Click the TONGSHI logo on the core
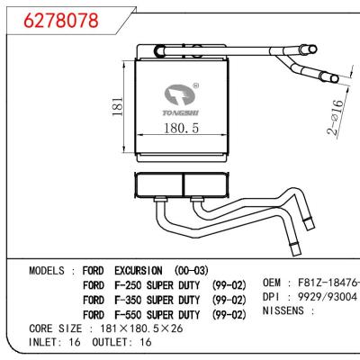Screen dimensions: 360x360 tap(184, 102)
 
